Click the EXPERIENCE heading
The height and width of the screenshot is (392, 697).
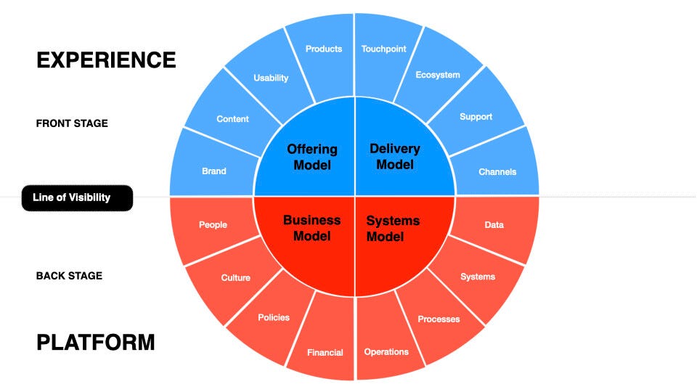(x=106, y=60)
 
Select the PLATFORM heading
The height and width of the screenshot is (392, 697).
(x=95, y=342)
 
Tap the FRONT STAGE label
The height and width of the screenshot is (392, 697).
(x=72, y=123)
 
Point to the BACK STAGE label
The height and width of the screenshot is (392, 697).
(x=69, y=276)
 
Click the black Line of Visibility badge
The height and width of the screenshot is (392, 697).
(x=77, y=197)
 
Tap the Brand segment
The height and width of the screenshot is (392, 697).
(x=214, y=171)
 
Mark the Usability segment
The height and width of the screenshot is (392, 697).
(x=271, y=78)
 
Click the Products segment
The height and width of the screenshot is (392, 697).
(x=323, y=49)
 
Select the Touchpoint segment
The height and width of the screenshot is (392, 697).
(x=384, y=49)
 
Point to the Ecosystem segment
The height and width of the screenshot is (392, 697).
(x=438, y=75)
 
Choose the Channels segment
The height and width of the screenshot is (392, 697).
(x=497, y=172)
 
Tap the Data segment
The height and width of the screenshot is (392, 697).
(x=494, y=225)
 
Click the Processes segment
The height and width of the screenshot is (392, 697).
(x=439, y=319)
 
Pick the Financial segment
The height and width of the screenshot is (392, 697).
(x=325, y=353)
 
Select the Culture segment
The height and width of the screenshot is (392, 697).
(x=235, y=278)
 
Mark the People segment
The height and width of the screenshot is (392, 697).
(x=213, y=225)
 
